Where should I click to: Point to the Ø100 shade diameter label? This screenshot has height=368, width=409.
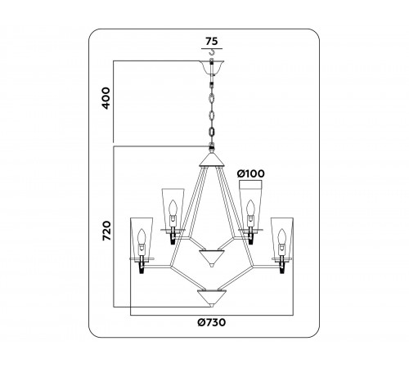coord(251,173)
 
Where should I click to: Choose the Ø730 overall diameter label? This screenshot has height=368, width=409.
coord(213,323)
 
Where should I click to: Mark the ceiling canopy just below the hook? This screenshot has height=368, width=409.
coord(212,69)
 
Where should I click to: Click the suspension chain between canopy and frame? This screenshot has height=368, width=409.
coord(212,110)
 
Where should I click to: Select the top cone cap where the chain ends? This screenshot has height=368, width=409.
coord(212,153)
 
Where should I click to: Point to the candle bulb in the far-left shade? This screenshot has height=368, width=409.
coord(142,240)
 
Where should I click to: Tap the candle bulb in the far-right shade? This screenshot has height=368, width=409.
coord(283,240)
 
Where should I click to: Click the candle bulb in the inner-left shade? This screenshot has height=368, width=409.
coord(173,215)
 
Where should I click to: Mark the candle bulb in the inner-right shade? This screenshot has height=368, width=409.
coord(250,215)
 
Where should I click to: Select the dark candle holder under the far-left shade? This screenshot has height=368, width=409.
coord(142,266)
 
